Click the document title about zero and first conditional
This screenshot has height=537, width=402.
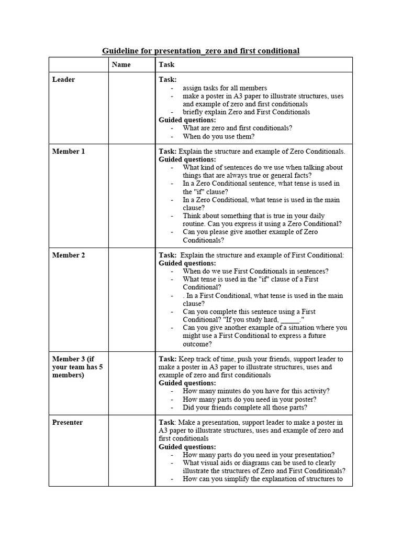coord(200,51)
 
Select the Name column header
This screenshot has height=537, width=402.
coord(121,65)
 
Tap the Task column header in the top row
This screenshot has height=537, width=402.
coord(166,65)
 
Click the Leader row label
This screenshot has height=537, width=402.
coord(63,80)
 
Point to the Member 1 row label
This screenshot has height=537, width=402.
coord(68,152)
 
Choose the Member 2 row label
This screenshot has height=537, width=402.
coord(68,255)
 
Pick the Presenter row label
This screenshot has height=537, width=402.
coord(67,423)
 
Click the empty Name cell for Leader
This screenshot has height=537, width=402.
coord(131,108)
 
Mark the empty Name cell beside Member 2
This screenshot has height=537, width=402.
coord(131,299)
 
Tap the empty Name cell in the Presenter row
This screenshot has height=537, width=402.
coord(131,451)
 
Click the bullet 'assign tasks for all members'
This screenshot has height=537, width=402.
coord(225,88)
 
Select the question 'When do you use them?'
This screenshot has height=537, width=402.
coord(218,136)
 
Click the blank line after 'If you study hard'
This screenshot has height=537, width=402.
coord(290,320)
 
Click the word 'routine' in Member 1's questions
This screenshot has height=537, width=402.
coord(196,224)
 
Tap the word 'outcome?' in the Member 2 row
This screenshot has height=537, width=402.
coord(197,344)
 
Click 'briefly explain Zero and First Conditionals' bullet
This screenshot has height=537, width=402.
coord(246,112)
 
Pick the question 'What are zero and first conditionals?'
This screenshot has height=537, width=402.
coord(237,128)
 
